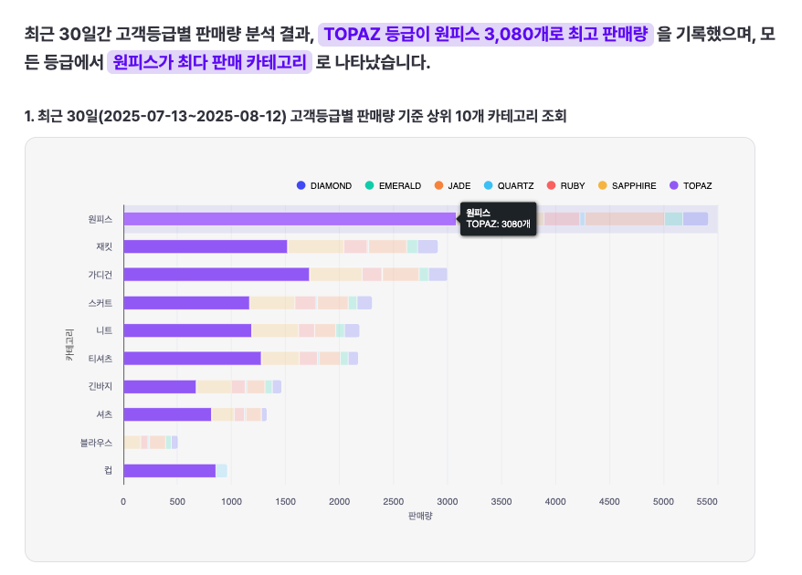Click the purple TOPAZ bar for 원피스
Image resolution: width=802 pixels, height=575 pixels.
tap(289, 219)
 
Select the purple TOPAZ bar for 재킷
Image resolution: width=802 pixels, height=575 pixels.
tap(205, 246)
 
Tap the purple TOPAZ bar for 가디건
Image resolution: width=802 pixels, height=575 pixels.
tap(216, 274)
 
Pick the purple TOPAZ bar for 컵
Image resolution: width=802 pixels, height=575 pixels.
tap(169, 471)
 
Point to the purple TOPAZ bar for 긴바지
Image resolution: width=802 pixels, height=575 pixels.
tap(159, 387)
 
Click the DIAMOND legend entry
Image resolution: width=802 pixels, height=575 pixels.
tap(324, 186)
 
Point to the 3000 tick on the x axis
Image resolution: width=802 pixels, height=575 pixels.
tap(448, 501)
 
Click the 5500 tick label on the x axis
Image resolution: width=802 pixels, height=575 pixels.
tap(707, 501)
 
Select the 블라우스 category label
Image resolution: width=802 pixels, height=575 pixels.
tap(97, 443)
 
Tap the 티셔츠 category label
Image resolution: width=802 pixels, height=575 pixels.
tap(100, 359)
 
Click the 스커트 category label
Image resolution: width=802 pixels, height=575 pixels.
tap(100, 302)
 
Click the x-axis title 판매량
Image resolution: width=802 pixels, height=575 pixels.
tap(420, 516)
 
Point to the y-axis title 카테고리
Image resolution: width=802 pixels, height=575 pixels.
tap(69, 346)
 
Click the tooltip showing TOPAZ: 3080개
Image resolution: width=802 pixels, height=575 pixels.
tap(498, 219)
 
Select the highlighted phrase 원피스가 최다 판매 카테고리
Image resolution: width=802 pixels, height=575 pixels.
tap(209, 63)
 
